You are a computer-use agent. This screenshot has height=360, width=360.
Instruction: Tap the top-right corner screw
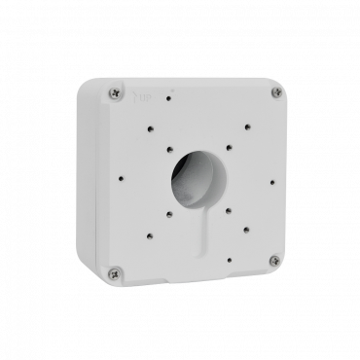(276, 92)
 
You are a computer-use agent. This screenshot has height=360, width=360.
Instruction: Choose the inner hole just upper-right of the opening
(228, 148)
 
